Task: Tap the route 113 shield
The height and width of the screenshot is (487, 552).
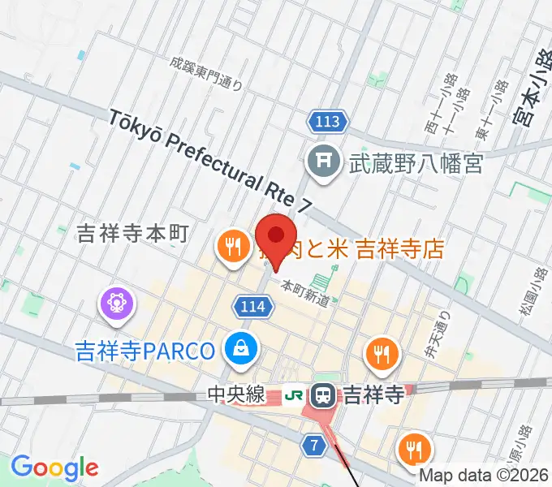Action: pyautogui.click(x=328, y=123)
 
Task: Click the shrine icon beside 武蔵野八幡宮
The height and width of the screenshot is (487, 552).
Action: pyautogui.click(x=323, y=163)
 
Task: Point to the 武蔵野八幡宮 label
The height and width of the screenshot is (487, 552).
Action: pyautogui.click(x=416, y=164)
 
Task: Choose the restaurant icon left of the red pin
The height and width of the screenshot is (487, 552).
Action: pyautogui.click(x=232, y=246)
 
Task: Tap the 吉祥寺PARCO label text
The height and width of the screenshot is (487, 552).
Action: pyautogui.click(x=144, y=351)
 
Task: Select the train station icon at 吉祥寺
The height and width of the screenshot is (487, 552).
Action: pyautogui.click(x=323, y=396)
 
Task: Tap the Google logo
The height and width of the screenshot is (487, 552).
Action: pyautogui.click(x=54, y=467)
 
